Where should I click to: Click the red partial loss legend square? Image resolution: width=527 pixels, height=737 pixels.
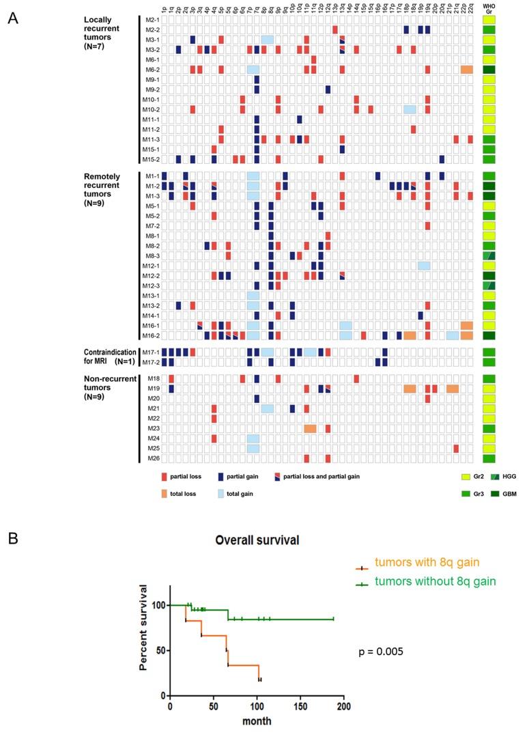[165, 476]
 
